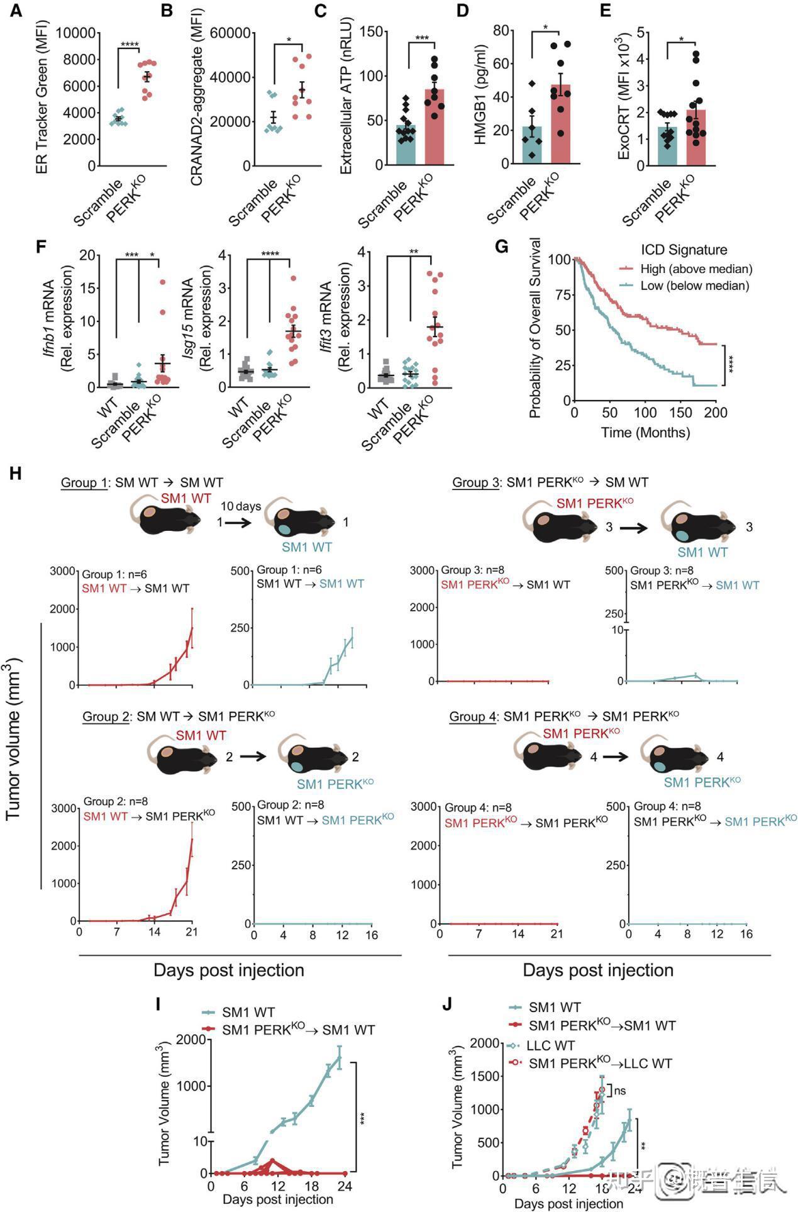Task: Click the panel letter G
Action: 501,247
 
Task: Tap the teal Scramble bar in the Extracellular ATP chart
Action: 406,145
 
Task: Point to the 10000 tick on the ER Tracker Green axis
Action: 76,33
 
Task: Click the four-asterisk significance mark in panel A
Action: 129,44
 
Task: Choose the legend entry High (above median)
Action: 696,269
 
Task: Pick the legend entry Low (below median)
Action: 694,286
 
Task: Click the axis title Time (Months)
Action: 645,432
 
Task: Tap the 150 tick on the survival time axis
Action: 680,413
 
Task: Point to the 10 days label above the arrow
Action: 240,506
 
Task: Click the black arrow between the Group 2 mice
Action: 253,757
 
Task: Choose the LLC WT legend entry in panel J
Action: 550,1045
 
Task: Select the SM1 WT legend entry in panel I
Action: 248,1013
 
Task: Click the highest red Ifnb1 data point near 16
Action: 163,282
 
